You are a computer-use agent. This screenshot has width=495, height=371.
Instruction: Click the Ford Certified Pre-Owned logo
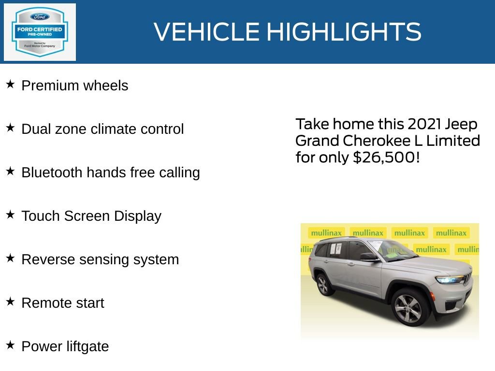pyautogui.click(x=40, y=32)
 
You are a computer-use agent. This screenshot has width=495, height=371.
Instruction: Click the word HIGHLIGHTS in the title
pyautogui.click(x=344, y=32)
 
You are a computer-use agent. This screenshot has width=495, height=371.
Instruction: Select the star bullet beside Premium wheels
pyautogui.click(x=10, y=85)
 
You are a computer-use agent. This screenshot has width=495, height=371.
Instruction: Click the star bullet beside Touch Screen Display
pyautogui.click(x=10, y=215)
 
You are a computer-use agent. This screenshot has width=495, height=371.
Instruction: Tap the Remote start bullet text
pyautogui.click(x=63, y=303)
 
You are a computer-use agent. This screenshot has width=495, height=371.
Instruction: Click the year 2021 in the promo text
pyautogui.click(x=424, y=124)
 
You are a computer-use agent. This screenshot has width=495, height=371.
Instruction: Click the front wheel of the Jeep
pyautogui.click(x=408, y=308)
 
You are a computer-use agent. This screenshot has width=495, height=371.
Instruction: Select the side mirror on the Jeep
pyautogui.click(x=368, y=257)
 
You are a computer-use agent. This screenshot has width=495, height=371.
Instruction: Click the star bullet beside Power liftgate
pyautogui.click(x=10, y=345)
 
